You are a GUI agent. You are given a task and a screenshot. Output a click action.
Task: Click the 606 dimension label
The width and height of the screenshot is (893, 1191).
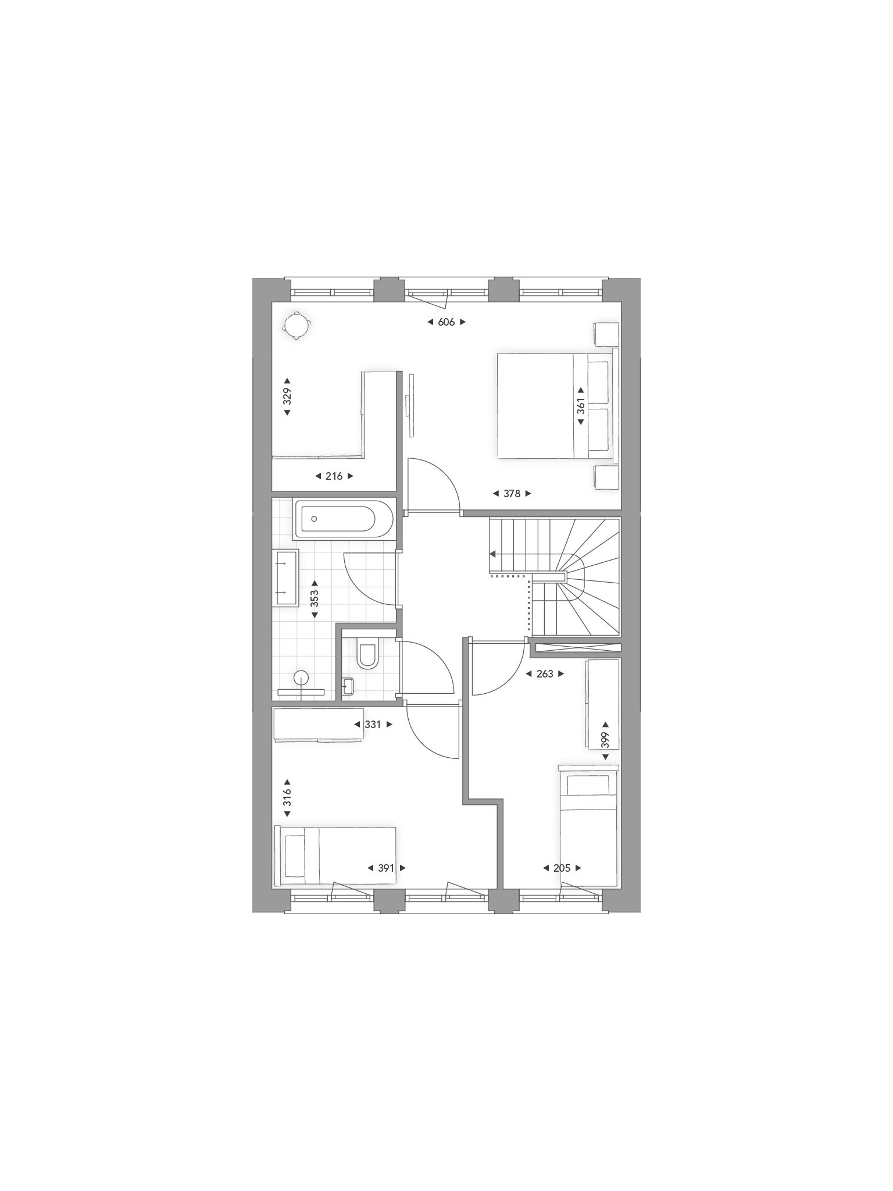pyautogui.click(x=446, y=322)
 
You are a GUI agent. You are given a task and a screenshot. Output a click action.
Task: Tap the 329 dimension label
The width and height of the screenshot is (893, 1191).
pyautogui.click(x=287, y=397)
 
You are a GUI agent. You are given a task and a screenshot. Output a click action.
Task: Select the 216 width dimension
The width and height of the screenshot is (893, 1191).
pyautogui.click(x=334, y=476)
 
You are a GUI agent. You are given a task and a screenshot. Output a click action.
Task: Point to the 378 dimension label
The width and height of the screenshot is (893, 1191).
pyautogui.click(x=512, y=494)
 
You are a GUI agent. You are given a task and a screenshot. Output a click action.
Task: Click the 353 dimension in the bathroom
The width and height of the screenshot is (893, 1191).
pyautogui.click(x=315, y=599)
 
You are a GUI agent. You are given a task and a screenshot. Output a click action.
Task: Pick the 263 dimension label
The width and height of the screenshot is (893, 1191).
pyautogui.click(x=545, y=674)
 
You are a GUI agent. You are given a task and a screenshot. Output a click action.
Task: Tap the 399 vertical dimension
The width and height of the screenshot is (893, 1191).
pyautogui.click(x=605, y=740)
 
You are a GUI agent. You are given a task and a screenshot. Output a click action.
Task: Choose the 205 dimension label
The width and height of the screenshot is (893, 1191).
pyautogui.click(x=562, y=868)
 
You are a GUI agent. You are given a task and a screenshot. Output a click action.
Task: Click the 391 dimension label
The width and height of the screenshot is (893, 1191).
pyautogui.click(x=386, y=868)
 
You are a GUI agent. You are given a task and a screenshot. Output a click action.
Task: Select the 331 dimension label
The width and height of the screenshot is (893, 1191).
pyautogui.click(x=373, y=725)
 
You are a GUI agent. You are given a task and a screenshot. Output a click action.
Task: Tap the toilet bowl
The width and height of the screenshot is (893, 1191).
pyautogui.click(x=367, y=655)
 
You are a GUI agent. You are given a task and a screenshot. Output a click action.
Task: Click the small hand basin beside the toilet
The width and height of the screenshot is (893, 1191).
pyautogui.click(x=348, y=686)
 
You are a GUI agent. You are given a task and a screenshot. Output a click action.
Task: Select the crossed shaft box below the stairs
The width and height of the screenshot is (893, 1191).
pyautogui.click(x=577, y=648)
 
